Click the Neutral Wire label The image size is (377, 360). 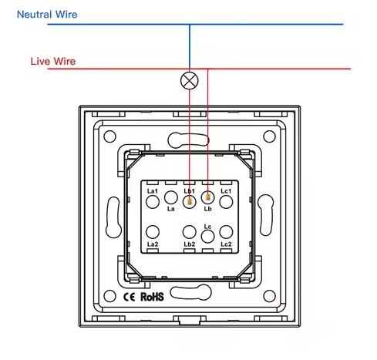click(47, 15)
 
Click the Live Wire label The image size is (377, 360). click(53, 62)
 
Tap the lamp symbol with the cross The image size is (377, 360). click(190, 81)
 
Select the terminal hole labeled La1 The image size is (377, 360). click(153, 202)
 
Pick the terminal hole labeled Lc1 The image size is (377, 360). click(226, 202)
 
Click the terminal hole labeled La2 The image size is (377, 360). click(153, 232)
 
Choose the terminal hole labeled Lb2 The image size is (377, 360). click(190, 232)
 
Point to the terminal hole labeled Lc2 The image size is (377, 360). click(226, 232)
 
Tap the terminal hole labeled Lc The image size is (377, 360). click(208, 237)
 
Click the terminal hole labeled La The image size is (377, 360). click(171, 197)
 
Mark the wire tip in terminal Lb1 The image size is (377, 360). click(190, 203)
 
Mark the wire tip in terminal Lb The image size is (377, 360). click(208, 197)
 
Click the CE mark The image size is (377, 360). click(130, 298)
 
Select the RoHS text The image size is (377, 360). click(152, 297)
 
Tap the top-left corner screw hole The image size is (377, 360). click(110, 136)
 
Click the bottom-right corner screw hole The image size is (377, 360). click(270, 296)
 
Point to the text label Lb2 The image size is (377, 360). click(190, 244)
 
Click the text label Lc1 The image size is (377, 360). click(226, 191)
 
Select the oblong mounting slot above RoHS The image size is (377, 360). click(190, 292)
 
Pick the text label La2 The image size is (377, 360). click(153, 244)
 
